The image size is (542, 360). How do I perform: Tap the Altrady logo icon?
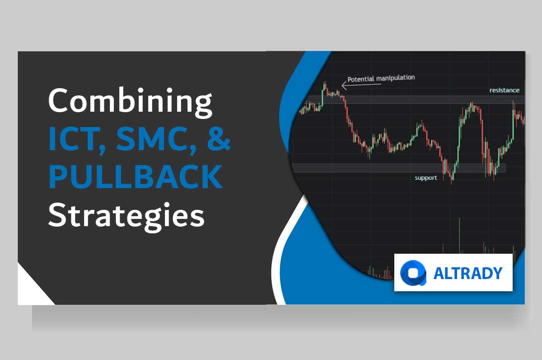[x=413, y=274]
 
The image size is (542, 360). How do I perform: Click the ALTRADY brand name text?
[x=467, y=274]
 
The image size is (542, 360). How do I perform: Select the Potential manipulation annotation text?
[x=380, y=78]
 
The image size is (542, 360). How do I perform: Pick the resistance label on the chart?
[x=504, y=90]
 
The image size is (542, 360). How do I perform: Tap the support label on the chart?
[x=426, y=178]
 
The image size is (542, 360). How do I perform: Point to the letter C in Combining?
[x=59, y=101]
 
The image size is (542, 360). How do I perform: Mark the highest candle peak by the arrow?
[x=324, y=84]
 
